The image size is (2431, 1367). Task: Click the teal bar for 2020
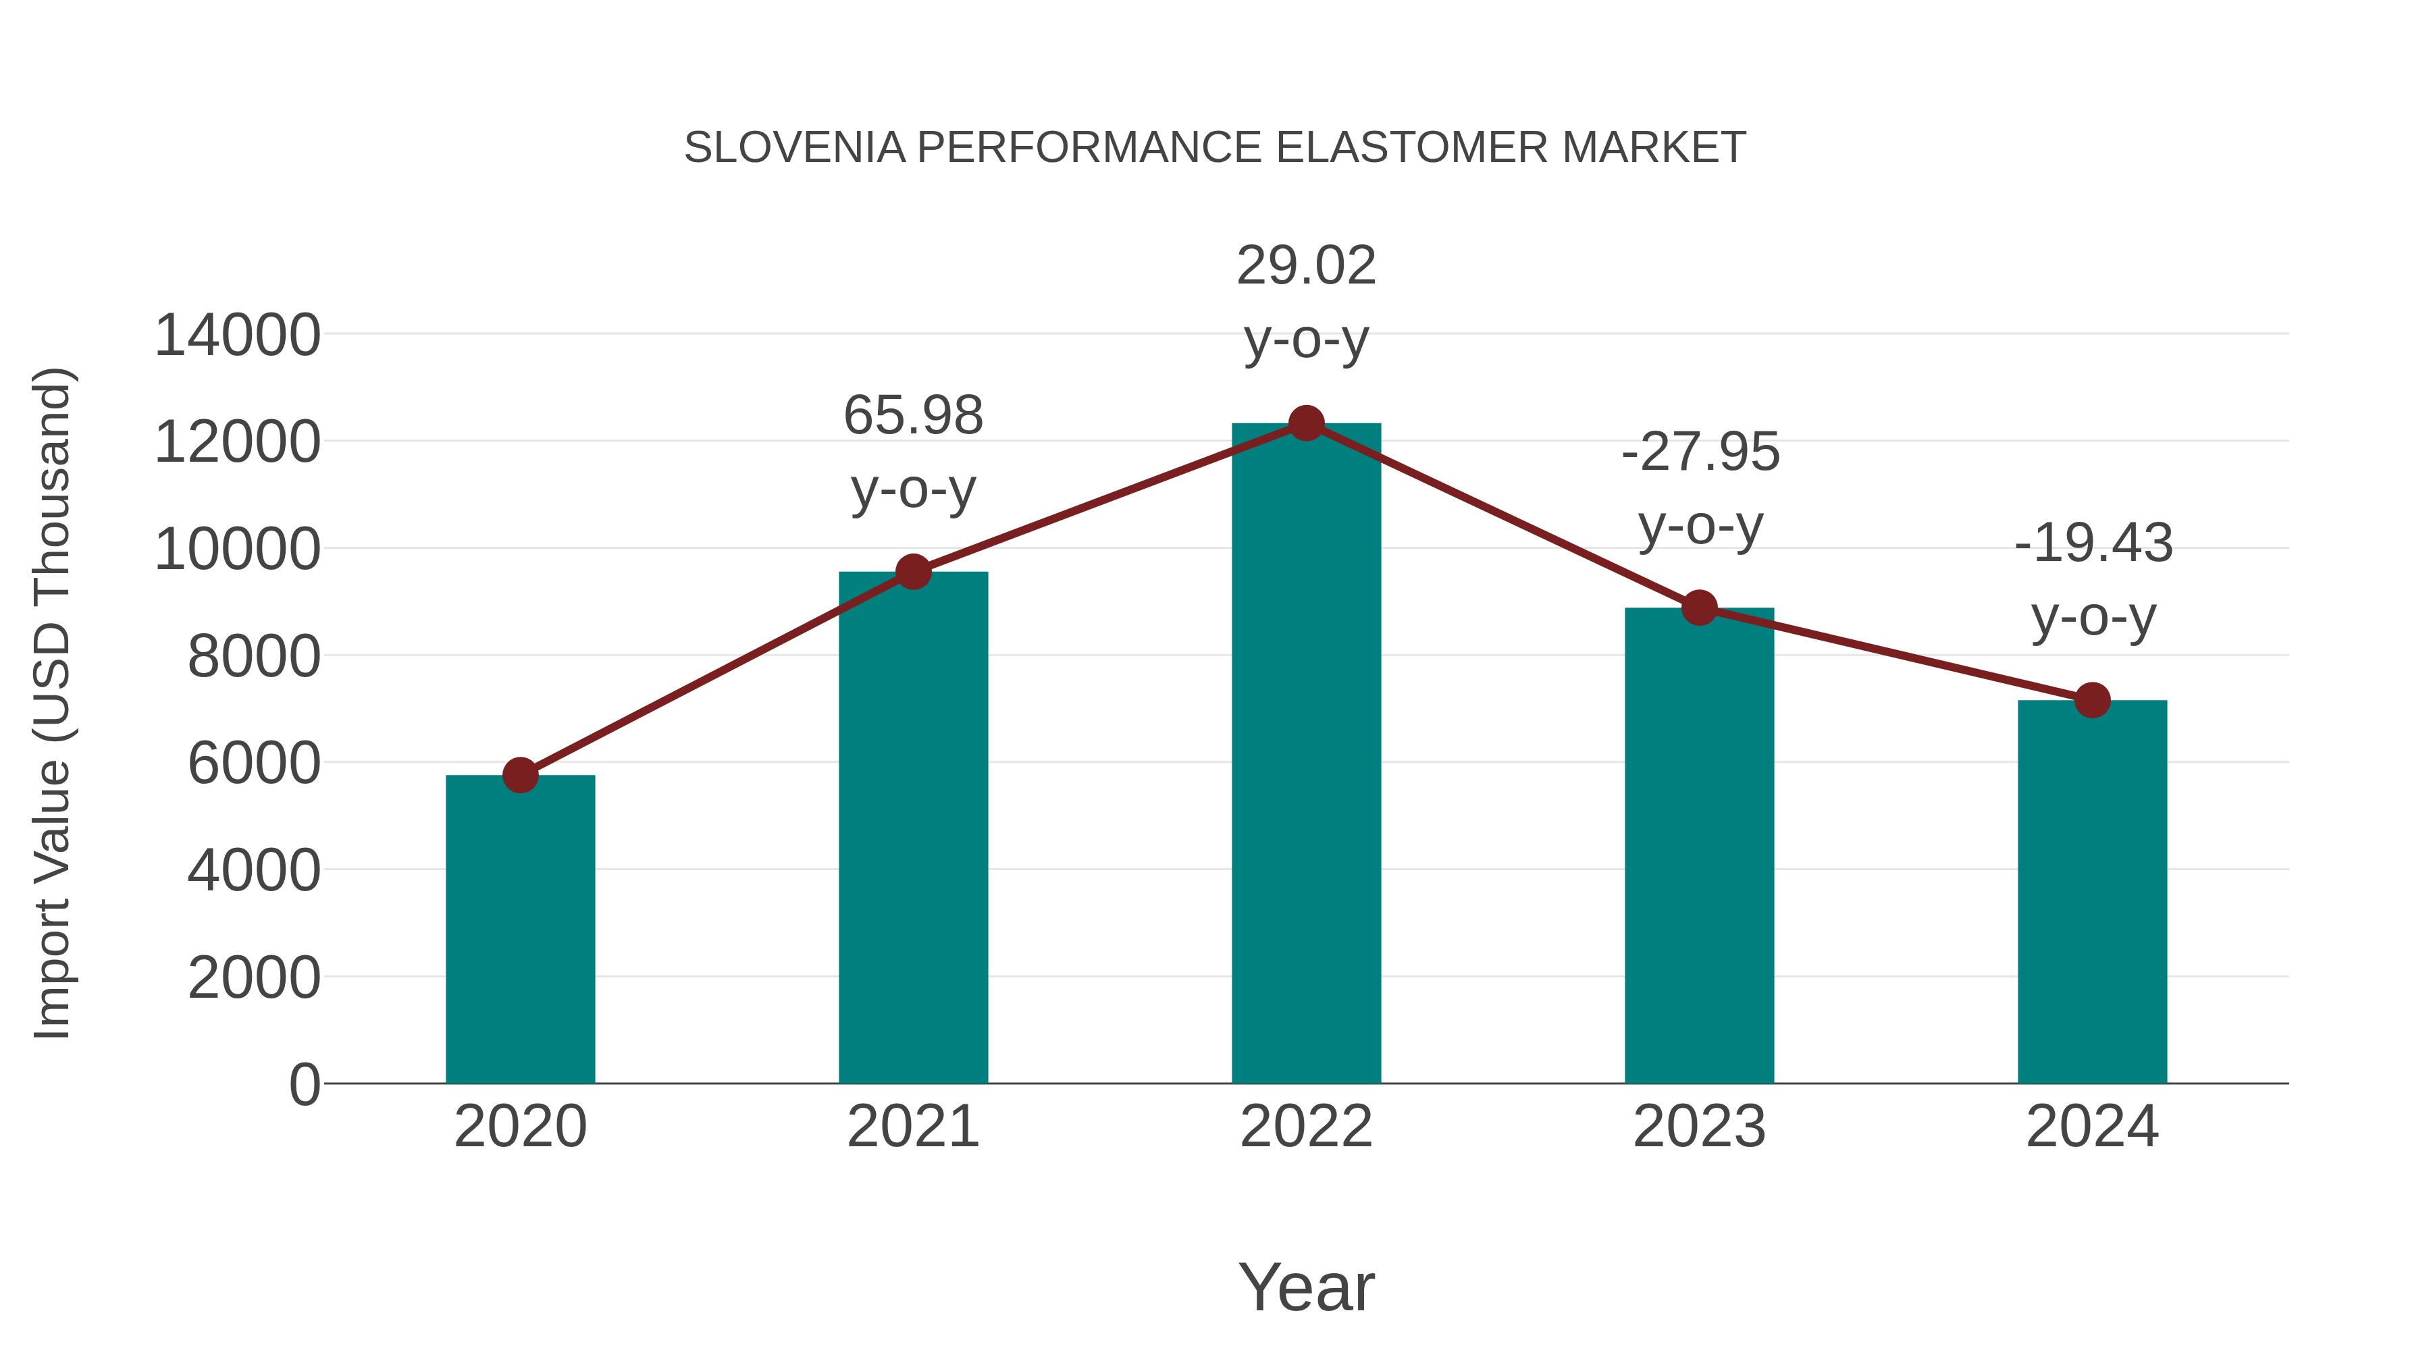point(520,930)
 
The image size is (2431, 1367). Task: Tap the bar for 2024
point(2092,892)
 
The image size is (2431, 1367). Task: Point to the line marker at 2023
point(1699,608)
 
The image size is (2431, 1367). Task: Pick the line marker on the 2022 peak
point(1306,423)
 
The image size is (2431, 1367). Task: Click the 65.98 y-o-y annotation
point(912,416)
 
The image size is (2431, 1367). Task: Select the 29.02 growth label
point(1306,266)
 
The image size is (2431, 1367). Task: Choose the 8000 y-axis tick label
point(254,657)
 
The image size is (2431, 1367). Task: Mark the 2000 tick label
point(254,978)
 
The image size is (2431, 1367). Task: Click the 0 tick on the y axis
point(304,1085)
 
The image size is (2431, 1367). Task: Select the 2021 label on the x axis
point(912,1127)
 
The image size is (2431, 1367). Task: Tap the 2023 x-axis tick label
point(1699,1127)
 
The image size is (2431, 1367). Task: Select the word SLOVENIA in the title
point(795,148)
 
